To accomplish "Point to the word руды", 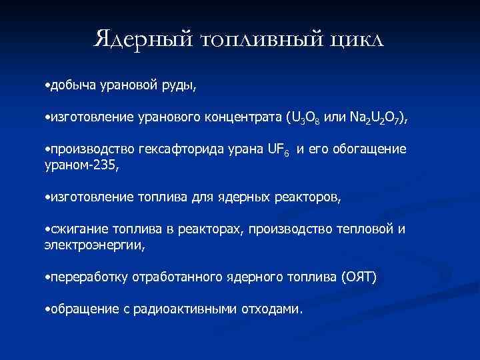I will pyautogui.click(x=179, y=85).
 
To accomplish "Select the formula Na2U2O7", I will pyautogui.click(x=373, y=119).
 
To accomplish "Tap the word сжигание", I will pyautogui.click(x=71, y=229).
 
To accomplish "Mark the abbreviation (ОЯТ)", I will pyautogui.click(x=357, y=277).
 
